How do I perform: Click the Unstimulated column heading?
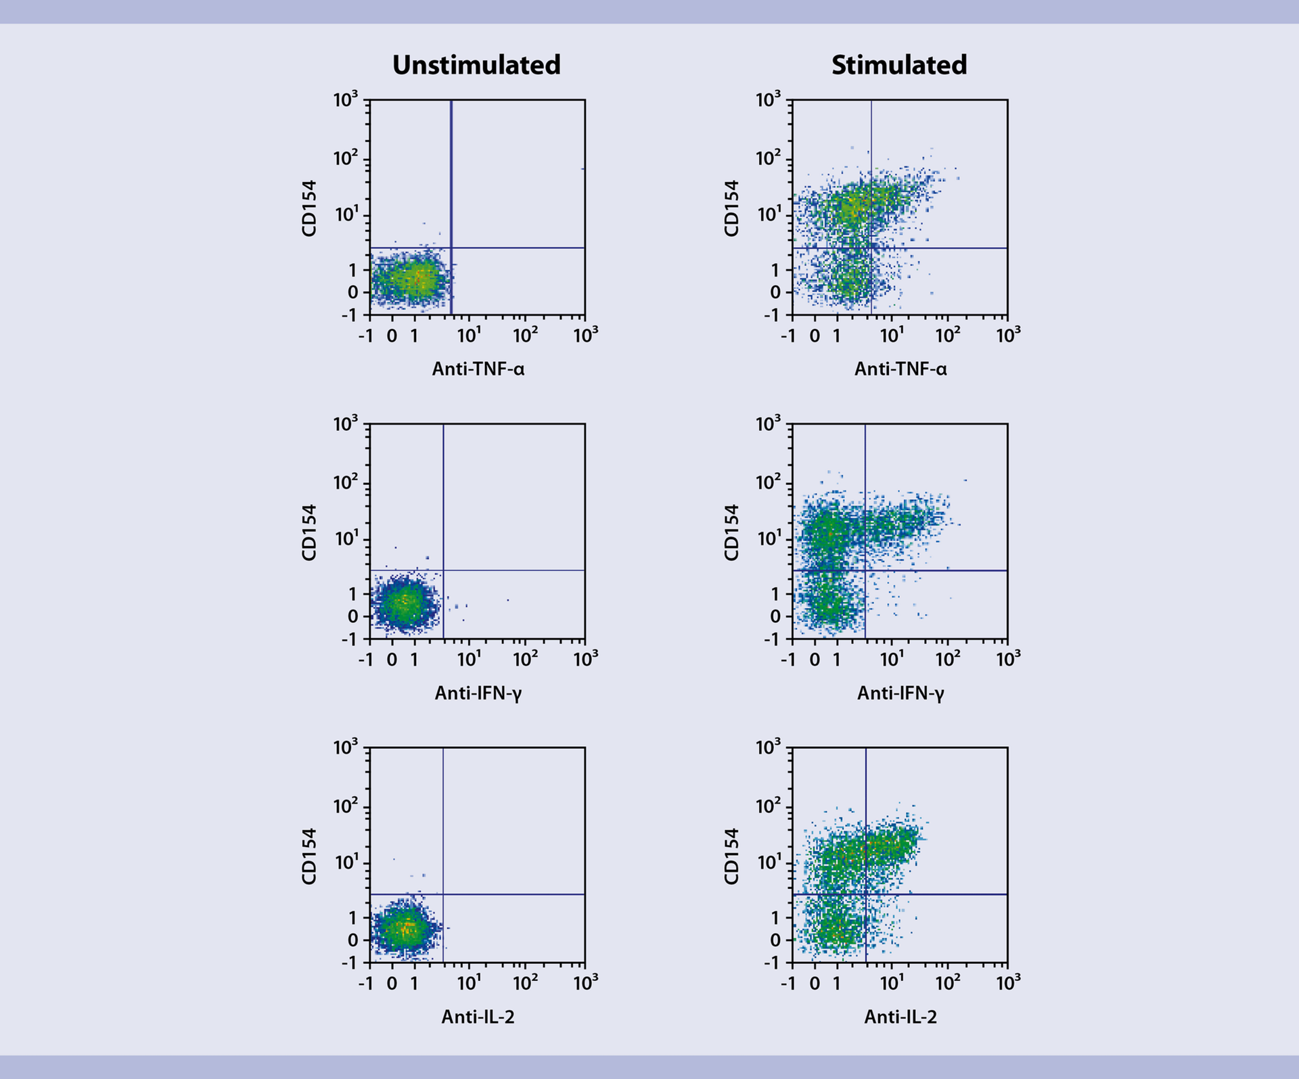(x=476, y=66)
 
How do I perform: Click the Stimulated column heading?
(x=899, y=66)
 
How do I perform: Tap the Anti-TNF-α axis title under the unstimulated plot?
(x=478, y=369)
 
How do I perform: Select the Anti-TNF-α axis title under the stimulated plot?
(x=901, y=369)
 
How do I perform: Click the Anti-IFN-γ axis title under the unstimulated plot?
(x=478, y=693)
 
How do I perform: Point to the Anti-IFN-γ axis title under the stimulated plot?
(x=901, y=693)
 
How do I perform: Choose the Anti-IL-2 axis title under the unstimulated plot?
(x=478, y=1017)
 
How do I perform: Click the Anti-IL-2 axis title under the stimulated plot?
(x=901, y=1017)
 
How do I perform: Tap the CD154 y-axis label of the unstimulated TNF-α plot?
(x=309, y=208)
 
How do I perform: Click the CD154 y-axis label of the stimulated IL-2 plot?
(x=731, y=856)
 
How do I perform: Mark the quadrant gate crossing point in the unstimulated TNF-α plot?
(x=451, y=248)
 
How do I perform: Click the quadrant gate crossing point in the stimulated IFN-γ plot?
(x=865, y=570)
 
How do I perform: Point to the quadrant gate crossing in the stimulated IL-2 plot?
(x=866, y=894)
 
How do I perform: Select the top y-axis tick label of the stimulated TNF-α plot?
(x=768, y=100)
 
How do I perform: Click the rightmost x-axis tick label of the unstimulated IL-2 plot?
(x=585, y=982)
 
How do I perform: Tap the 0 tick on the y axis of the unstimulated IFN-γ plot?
(x=352, y=616)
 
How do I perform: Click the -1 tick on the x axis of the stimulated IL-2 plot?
(x=788, y=983)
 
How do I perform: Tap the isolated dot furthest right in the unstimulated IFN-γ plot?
(x=508, y=599)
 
